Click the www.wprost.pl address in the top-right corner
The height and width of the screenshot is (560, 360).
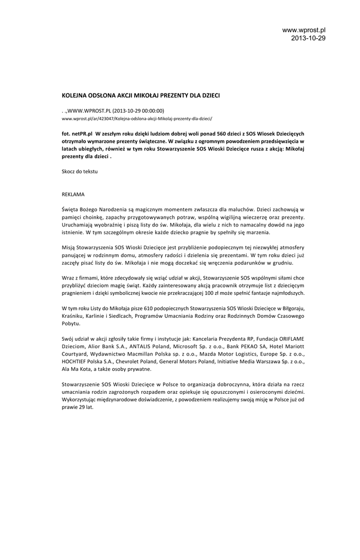click(304, 30)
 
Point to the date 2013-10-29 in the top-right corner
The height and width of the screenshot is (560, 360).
click(308, 38)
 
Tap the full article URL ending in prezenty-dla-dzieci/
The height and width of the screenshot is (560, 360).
click(136, 118)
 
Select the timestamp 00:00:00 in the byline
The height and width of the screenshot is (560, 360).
click(152, 110)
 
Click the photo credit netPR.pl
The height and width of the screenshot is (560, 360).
click(82, 133)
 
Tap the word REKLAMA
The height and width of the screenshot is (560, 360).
click(73, 194)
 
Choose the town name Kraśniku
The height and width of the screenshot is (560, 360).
click(75, 316)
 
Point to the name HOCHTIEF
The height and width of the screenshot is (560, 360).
click(77, 361)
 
